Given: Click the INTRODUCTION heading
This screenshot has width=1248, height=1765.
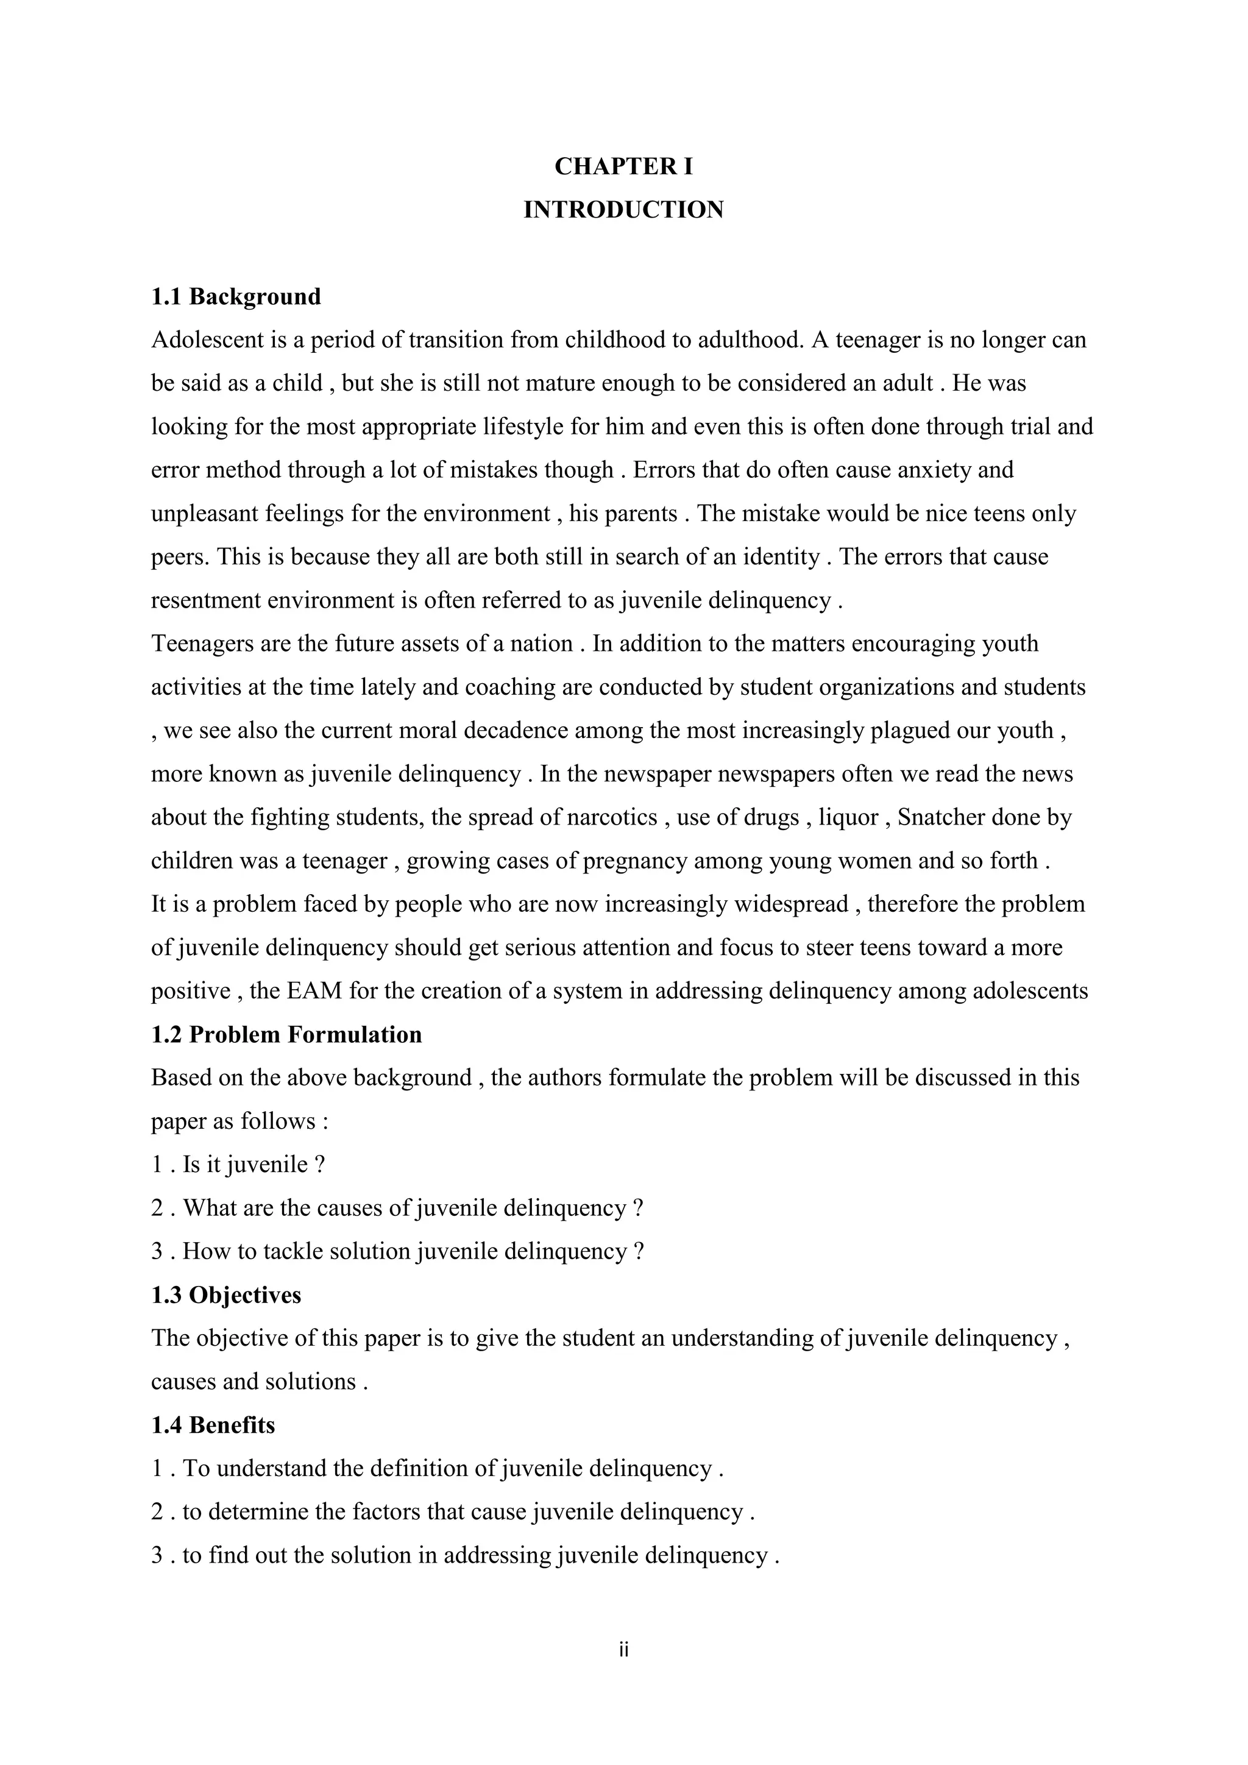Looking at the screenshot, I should (623, 210).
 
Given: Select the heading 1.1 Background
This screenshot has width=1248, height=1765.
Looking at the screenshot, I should (236, 297).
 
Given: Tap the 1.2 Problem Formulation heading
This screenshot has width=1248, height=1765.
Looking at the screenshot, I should (286, 1035).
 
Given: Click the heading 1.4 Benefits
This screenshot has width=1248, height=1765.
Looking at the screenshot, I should (213, 1425).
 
